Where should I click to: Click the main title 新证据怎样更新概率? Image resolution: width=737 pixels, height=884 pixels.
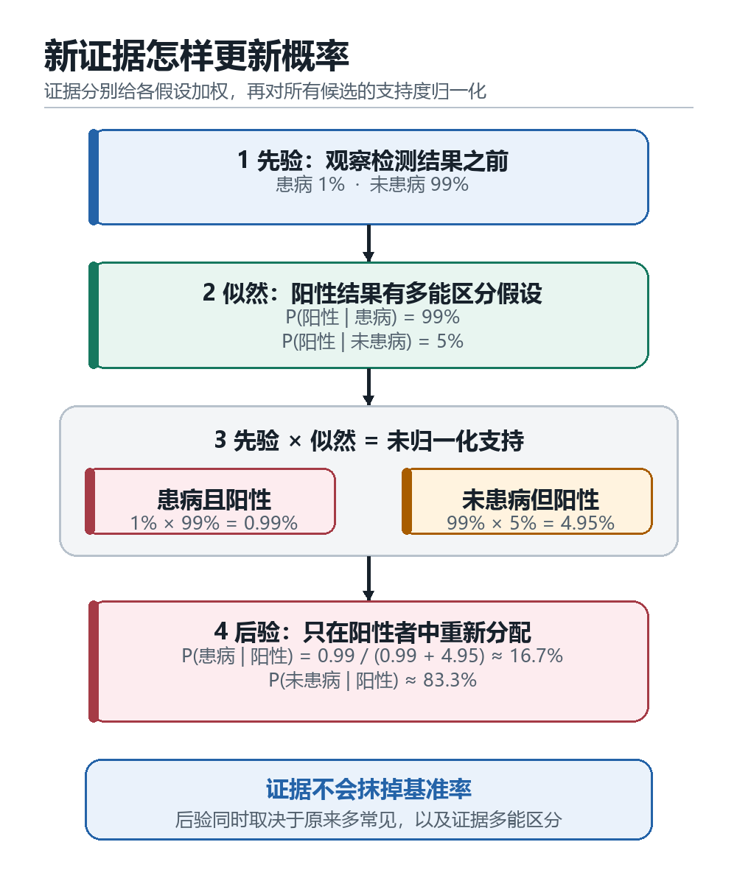pyautogui.click(x=197, y=56)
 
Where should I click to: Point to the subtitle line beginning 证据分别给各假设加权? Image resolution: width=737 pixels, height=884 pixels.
pyautogui.click(x=265, y=91)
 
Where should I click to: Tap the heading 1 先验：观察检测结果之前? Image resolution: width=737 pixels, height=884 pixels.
pyautogui.click(x=373, y=161)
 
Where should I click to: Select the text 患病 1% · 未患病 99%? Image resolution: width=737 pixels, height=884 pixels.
pyautogui.click(x=372, y=185)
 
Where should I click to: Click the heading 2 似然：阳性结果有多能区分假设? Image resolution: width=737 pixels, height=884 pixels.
pyautogui.click(x=373, y=293)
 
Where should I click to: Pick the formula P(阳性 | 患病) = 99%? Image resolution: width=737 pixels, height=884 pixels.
pyautogui.click(x=373, y=317)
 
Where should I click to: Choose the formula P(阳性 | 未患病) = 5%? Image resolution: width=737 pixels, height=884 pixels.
pyautogui.click(x=373, y=341)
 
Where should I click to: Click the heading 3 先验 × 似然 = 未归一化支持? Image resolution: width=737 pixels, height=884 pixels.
pyautogui.click(x=369, y=441)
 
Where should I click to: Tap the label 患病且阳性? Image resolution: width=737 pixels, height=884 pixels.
pyautogui.click(x=214, y=499)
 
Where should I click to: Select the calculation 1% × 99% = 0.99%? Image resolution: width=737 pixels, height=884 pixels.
pyautogui.click(x=214, y=523)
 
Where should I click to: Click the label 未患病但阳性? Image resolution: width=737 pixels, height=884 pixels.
pyautogui.click(x=531, y=499)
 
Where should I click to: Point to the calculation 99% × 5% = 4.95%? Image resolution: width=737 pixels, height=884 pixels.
pyautogui.click(x=531, y=523)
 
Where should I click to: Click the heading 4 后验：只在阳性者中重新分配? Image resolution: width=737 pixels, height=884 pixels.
pyautogui.click(x=373, y=632)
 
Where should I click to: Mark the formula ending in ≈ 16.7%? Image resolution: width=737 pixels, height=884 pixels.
pyautogui.click(x=372, y=656)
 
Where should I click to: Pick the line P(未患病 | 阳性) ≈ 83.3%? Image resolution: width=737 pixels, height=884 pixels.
pyautogui.click(x=373, y=681)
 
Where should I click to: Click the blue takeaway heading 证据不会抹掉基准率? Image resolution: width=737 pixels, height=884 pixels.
pyautogui.click(x=368, y=789)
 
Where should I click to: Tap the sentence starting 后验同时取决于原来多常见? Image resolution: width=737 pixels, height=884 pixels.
pyautogui.click(x=368, y=820)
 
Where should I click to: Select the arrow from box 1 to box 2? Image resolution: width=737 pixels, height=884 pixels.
pyautogui.click(x=368, y=243)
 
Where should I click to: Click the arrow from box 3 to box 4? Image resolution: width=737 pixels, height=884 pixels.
pyautogui.click(x=368, y=578)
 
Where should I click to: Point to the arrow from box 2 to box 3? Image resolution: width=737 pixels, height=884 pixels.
pyautogui.click(x=368, y=387)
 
